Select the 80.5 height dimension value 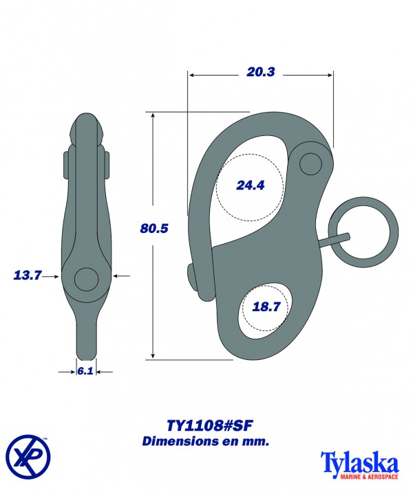click(153, 229)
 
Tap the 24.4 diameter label click(250, 185)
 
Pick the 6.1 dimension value click(85, 370)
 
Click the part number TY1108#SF click(206, 425)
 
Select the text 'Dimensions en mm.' click(206, 441)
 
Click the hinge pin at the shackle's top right click(311, 164)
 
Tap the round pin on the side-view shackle click(87, 278)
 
